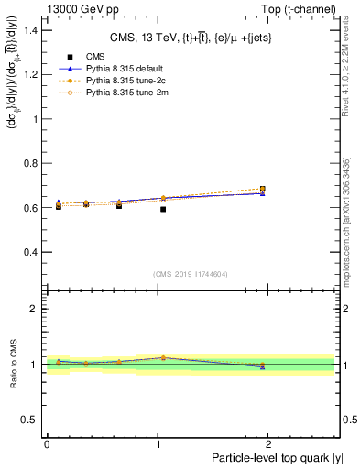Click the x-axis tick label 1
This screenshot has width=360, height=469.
[158, 444]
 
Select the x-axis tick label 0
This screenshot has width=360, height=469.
[47, 444]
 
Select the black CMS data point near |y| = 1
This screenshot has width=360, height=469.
[163, 209]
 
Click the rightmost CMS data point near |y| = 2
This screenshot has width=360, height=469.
[262, 190]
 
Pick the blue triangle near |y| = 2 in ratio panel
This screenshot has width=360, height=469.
[262, 366]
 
